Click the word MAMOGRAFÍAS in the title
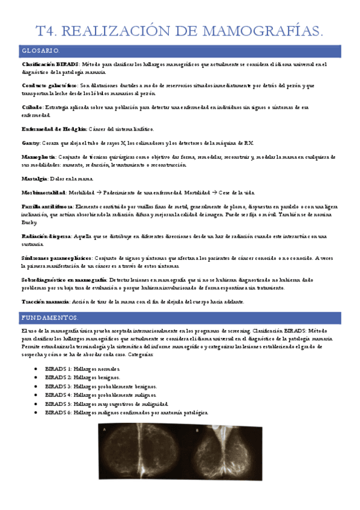click(x=262, y=31)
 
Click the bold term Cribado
click(x=32, y=107)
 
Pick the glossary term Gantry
click(x=31, y=143)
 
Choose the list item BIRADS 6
click(x=126, y=413)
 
